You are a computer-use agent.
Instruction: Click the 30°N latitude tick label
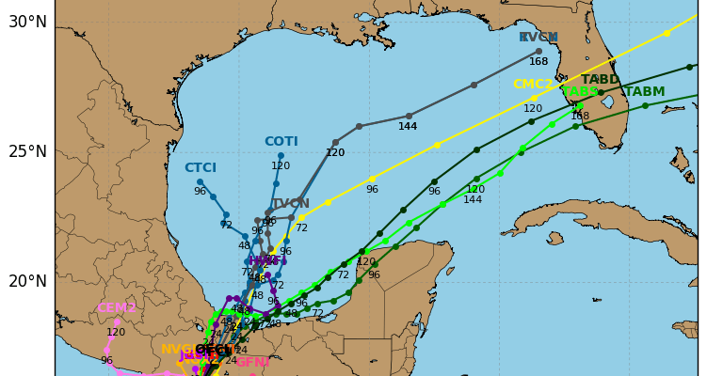click(x=27, y=22)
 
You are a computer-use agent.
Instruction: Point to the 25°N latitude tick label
click(x=27, y=151)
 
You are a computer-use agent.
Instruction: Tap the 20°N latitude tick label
click(x=27, y=281)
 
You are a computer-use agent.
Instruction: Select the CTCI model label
click(x=200, y=168)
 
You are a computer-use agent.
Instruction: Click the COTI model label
click(x=281, y=142)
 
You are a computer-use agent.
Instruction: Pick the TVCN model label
click(x=290, y=203)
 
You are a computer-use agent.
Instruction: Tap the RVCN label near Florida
click(x=538, y=38)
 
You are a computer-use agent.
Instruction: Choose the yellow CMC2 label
click(x=533, y=85)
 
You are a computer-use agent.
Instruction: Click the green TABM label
click(x=645, y=92)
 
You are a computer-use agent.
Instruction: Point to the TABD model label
click(x=601, y=80)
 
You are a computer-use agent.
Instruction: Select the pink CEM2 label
click(x=117, y=308)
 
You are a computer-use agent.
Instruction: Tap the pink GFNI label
click(x=252, y=363)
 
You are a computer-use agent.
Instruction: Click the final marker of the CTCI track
click(x=200, y=181)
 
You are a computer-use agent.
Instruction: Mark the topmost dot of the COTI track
click(x=281, y=155)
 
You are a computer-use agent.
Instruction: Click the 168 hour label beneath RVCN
click(x=538, y=62)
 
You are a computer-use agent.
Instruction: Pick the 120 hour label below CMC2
click(x=533, y=109)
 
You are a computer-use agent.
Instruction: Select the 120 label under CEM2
click(x=116, y=333)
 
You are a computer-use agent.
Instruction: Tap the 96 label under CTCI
click(x=200, y=192)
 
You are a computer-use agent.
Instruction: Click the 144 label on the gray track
click(x=408, y=127)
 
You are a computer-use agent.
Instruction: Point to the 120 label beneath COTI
click(x=281, y=166)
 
